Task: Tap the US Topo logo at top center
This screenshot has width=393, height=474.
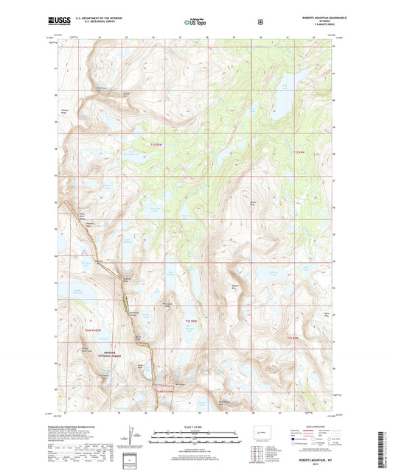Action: (195, 23)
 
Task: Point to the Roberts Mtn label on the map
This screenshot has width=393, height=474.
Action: (235, 286)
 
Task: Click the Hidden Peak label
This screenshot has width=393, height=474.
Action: (253, 201)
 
